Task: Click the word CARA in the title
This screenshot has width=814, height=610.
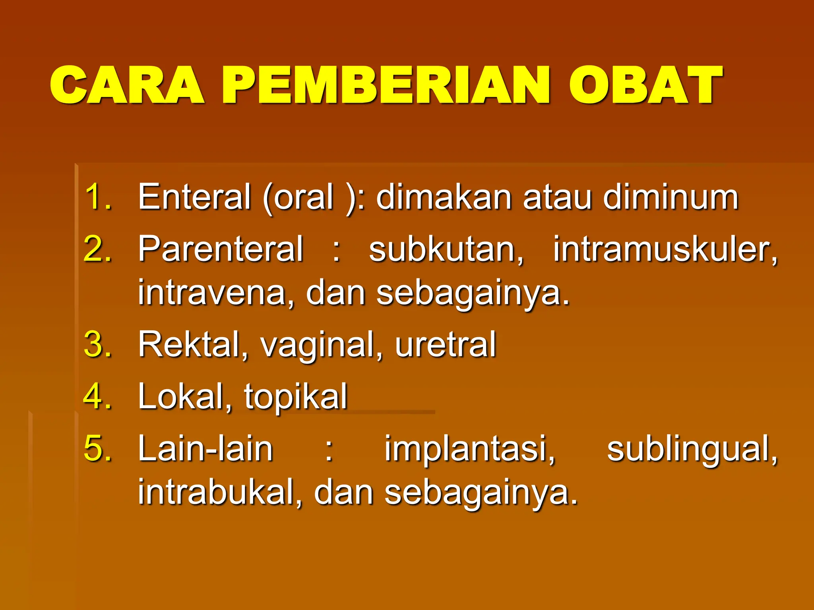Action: click(x=127, y=85)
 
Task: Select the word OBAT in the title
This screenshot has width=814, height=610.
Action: click(x=645, y=85)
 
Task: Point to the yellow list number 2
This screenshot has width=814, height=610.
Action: click(x=97, y=249)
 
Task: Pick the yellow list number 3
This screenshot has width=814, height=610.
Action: click(x=97, y=344)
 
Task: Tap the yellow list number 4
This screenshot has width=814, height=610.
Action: click(x=97, y=396)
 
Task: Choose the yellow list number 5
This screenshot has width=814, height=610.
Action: click(x=97, y=448)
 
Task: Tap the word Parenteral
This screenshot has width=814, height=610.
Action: click(x=221, y=249)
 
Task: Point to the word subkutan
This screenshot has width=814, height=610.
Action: click(x=446, y=249)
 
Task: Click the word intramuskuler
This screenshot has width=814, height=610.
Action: click(x=665, y=249)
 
